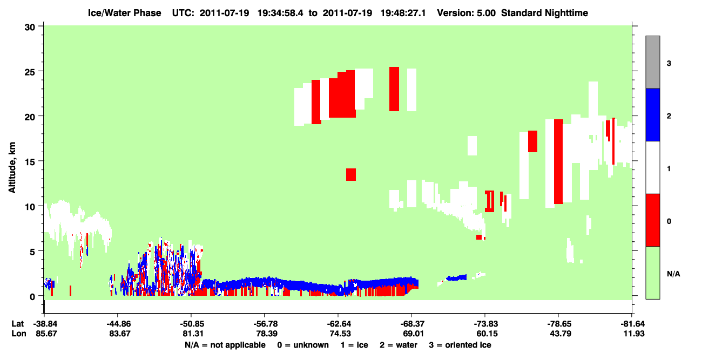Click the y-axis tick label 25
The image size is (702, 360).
click(x=30, y=72)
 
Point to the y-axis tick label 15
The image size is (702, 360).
click(x=30, y=162)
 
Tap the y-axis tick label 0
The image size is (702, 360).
click(x=32, y=296)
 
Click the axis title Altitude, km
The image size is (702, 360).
click(x=12, y=168)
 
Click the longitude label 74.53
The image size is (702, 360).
click(x=340, y=334)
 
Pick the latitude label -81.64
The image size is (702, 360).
click(x=632, y=324)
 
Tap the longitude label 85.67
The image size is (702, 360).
click(x=46, y=334)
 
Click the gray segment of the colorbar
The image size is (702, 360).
click(x=652, y=62)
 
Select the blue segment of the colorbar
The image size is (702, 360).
click(x=652, y=114)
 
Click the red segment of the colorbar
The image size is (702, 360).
click(x=652, y=220)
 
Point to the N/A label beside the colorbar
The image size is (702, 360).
click(x=673, y=274)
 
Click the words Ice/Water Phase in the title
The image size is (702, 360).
click(x=124, y=13)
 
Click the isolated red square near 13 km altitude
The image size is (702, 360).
click(x=350, y=174)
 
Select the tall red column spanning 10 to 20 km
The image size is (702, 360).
click(x=558, y=162)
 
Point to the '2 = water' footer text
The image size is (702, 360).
click(x=399, y=345)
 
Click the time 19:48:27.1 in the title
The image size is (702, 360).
click(x=403, y=13)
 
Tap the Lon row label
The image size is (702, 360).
click(x=19, y=334)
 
